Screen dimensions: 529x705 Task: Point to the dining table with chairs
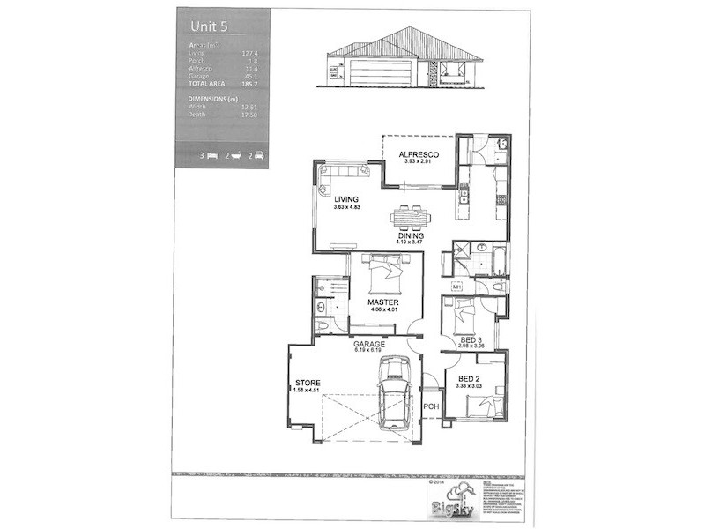(x=410, y=217)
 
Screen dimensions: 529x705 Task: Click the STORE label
(x=308, y=383)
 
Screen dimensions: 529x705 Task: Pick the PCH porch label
(x=431, y=406)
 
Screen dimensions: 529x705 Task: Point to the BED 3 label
(x=471, y=339)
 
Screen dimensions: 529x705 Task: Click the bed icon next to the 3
(x=213, y=155)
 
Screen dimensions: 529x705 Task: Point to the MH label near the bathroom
(x=456, y=287)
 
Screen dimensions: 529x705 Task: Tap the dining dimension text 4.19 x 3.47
(x=411, y=244)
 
